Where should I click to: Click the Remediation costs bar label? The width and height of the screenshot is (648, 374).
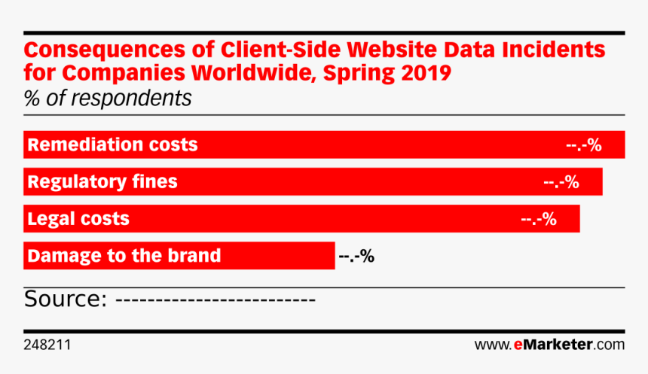click(x=112, y=144)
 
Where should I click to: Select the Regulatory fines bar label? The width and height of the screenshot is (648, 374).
click(x=102, y=181)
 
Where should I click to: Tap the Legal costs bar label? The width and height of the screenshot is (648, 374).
click(x=78, y=219)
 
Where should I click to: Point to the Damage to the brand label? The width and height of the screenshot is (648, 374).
click(x=124, y=255)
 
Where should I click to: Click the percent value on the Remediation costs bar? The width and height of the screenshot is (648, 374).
click(x=583, y=145)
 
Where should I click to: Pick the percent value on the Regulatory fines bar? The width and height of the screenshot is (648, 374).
click(x=561, y=182)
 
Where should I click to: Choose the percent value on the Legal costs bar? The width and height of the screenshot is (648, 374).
click(x=538, y=219)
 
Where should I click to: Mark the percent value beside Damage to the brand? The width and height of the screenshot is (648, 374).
click(x=356, y=256)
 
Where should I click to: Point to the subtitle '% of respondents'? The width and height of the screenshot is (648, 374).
click(x=108, y=99)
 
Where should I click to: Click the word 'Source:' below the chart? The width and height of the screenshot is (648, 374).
click(x=64, y=300)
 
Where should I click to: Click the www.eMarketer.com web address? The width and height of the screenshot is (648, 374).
click(x=549, y=345)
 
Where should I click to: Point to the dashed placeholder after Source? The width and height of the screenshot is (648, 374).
click(x=217, y=300)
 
